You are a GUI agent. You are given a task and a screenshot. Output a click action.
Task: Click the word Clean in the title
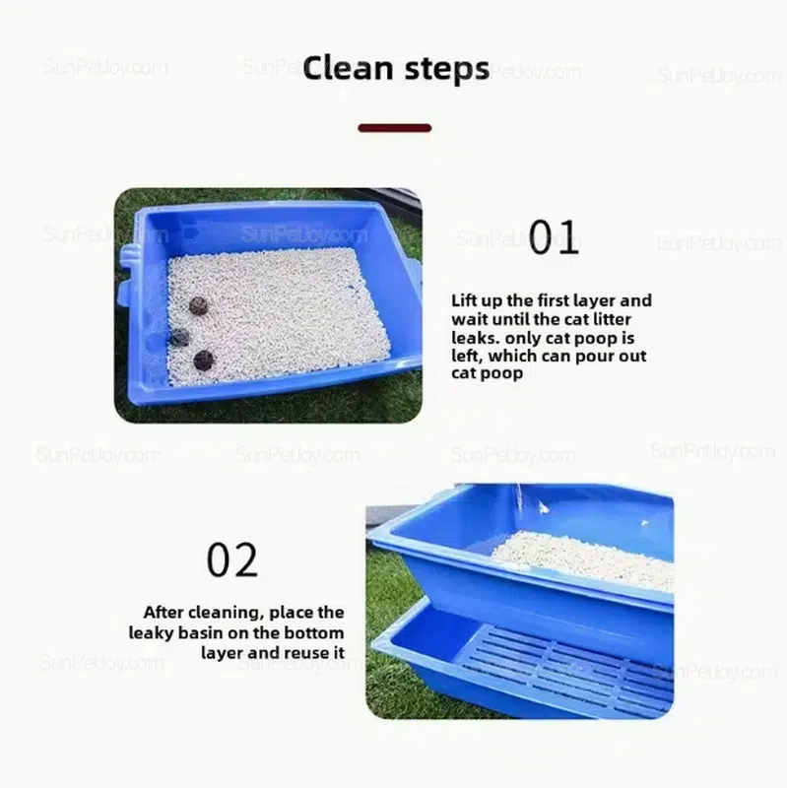(x=348, y=68)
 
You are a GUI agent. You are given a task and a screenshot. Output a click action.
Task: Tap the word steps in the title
(x=447, y=70)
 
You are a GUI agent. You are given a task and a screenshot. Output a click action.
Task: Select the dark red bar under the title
(x=395, y=128)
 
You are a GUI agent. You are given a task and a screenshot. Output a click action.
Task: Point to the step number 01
(x=554, y=236)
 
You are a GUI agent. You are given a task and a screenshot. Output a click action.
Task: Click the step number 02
(x=232, y=559)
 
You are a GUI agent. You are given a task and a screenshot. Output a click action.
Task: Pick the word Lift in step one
(x=462, y=300)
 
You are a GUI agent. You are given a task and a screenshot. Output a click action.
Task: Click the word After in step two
(x=163, y=612)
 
